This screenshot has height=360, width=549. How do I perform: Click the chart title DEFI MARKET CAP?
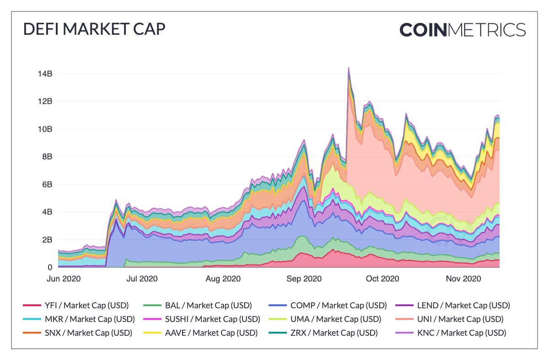coord(94,29)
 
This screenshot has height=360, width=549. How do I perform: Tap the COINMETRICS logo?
coord(463,30)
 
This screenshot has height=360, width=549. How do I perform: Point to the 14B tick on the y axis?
coord(45,74)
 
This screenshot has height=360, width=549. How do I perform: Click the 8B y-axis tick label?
coord(47,156)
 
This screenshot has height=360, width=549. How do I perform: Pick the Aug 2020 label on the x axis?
coord(223,279)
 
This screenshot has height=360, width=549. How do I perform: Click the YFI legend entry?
coord(76,305)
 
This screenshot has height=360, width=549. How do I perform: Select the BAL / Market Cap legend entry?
coord(197,305)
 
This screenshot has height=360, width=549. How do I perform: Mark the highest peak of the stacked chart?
coord(349,68)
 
